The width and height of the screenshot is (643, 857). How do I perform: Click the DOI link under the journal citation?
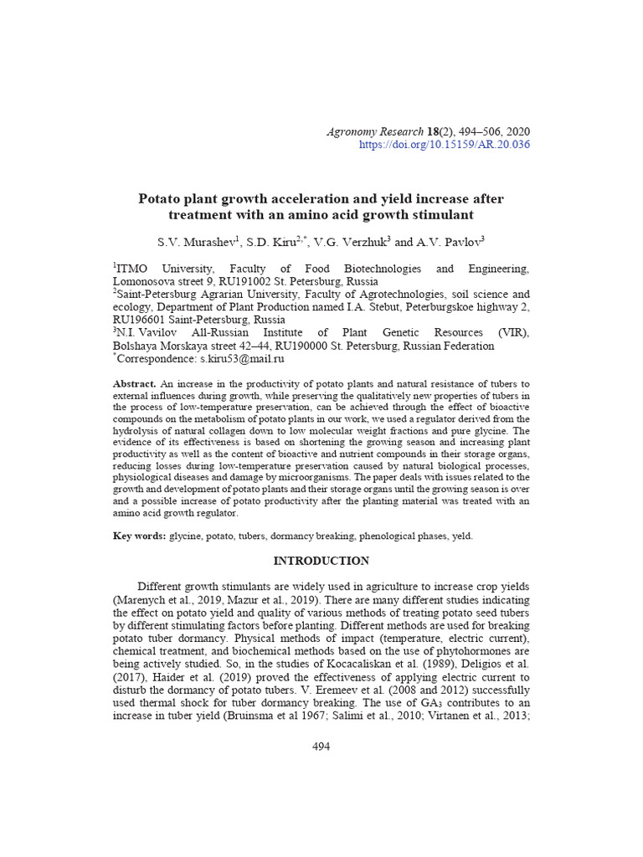coord(444,145)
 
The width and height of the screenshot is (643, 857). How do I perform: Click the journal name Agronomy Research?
coord(373,131)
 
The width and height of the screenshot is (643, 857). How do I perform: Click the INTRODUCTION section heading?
coord(321,561)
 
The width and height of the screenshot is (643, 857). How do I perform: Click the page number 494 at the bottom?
coord(321,747)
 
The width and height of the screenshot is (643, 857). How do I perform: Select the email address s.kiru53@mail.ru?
coord(243,358)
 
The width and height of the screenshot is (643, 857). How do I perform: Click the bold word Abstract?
coord(134,384)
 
